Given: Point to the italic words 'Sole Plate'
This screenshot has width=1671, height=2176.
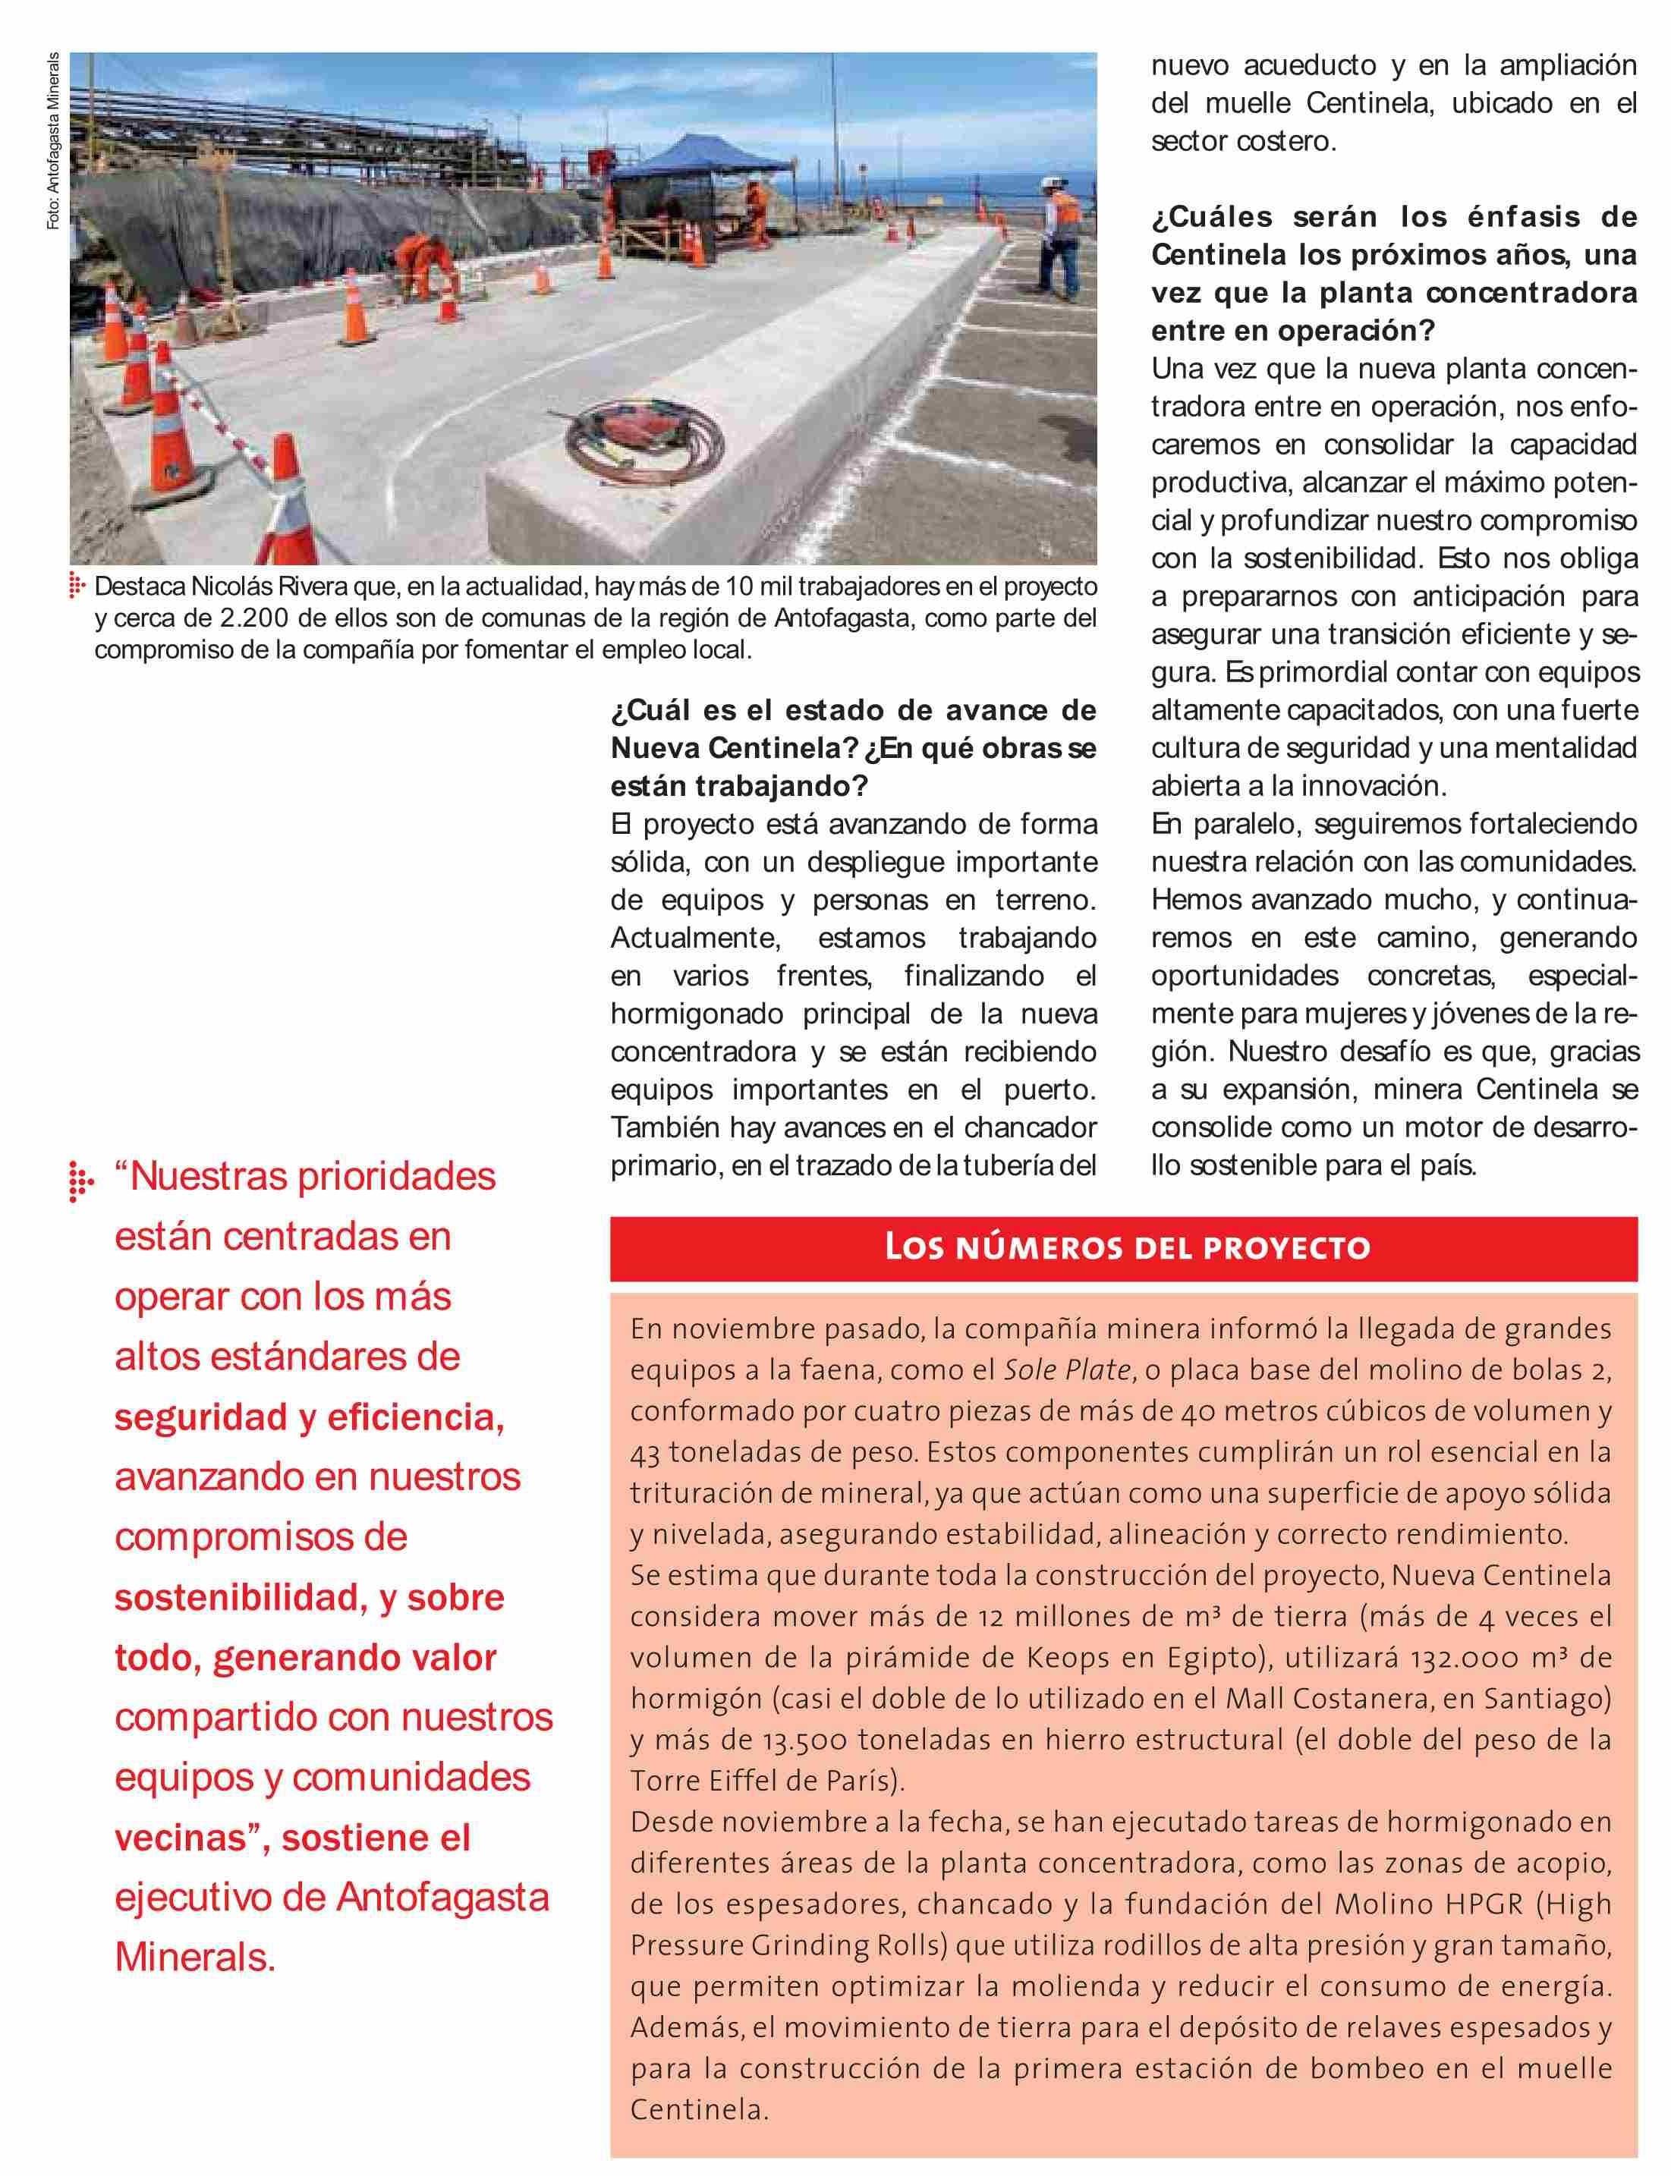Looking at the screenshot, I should click(1069, 1369).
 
